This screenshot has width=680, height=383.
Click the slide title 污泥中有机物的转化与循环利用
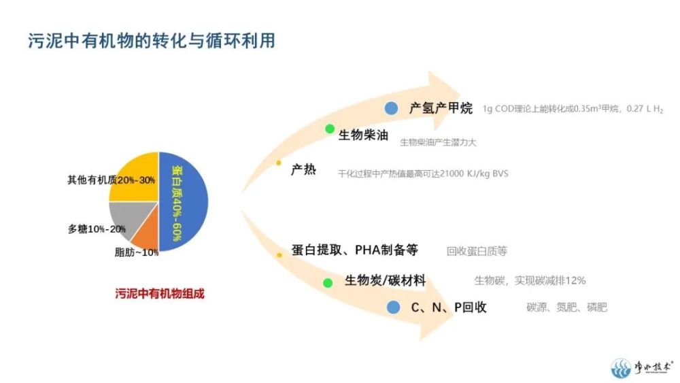click(x=152, y=41)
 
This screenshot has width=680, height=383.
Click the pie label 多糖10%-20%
click(x=97, y=229)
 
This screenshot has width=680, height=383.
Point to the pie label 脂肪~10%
click(x=137, y=252)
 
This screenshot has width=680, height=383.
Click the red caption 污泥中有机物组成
click(x=160, y=294)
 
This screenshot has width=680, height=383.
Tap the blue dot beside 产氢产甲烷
click(x=391, y=108)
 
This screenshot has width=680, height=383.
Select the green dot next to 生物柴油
click(x=330, y=129)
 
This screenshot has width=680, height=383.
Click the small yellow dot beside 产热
click(x=278, y=163)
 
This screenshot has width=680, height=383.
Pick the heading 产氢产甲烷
click(x=441, y=108)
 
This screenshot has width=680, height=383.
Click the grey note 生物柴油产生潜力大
click(x=438, y=142)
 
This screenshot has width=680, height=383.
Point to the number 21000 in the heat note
click(x=452, y=173)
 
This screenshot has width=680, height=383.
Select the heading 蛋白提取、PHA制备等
click(x=355, y=250)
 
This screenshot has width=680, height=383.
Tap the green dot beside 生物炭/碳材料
click(x=328, y=283)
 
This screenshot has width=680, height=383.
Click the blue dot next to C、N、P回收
click(x=393, y=307)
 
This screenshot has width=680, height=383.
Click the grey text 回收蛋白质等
click(x=477, y=251)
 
